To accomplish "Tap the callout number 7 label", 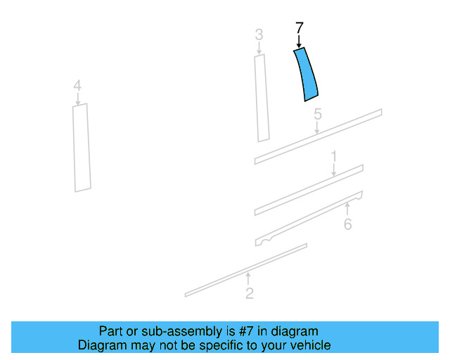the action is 299,28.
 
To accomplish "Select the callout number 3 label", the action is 259,34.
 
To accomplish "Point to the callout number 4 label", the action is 77,86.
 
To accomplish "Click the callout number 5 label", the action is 318,115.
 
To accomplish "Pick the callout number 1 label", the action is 334,157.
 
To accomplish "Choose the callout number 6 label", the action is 348,224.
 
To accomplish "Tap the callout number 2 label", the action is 250,293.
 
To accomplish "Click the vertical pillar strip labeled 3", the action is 262,98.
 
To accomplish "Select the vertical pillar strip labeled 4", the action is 82,148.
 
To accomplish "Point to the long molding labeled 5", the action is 318,136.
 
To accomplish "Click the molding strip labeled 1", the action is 309,190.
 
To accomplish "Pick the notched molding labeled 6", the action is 309,219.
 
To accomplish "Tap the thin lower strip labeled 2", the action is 246,270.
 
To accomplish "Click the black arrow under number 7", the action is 299,41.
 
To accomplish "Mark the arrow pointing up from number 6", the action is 347,210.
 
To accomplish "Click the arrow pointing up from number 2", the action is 248,278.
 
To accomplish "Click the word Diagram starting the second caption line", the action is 102,345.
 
